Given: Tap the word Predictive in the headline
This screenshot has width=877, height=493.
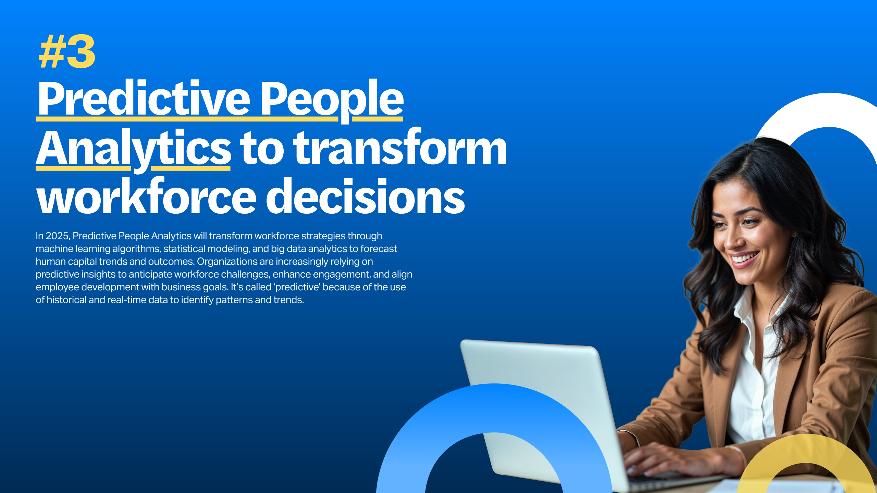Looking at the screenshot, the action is [144, 98].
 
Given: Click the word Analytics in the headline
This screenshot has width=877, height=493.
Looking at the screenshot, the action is [134, 150].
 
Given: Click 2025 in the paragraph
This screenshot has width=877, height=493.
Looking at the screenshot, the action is [58, 236].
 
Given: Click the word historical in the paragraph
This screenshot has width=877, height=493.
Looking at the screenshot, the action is [66, 300].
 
